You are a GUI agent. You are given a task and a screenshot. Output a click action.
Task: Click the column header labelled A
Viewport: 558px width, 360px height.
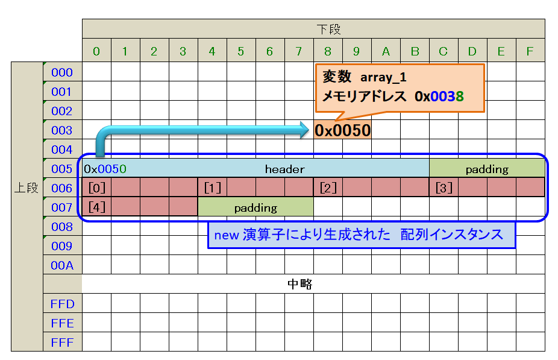coord(386,52)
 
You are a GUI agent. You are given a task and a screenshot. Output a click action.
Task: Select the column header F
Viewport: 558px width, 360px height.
coord(530,52)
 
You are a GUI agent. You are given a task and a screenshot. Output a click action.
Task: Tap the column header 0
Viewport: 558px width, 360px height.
coord(96,52)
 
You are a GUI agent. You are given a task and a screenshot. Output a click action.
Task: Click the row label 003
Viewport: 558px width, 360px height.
coord(62,130)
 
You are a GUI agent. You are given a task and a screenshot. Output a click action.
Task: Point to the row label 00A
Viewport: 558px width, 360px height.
coord(62,265)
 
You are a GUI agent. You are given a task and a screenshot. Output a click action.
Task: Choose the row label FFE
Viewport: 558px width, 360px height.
coord(62,323)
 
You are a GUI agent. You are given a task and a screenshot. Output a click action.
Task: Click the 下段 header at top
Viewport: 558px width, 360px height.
coord(313,29)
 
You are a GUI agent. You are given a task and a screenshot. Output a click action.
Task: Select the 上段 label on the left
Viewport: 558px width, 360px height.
coord(27,188)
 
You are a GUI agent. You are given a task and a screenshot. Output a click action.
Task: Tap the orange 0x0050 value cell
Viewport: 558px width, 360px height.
coord(342,130)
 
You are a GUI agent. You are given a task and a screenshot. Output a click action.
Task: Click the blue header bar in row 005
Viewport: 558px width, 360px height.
coord(284,169)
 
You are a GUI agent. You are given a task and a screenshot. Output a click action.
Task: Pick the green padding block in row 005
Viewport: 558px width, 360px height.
coord(487,169)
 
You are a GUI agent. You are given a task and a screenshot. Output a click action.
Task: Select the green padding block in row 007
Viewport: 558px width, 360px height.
coord(255,208)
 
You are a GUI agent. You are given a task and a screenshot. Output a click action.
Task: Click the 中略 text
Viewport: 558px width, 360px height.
coord(299,284)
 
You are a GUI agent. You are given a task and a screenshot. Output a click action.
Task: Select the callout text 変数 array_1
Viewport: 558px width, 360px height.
coord(365,77)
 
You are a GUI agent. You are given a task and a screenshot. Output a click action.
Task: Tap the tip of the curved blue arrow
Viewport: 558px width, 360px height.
coord(307,127)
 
